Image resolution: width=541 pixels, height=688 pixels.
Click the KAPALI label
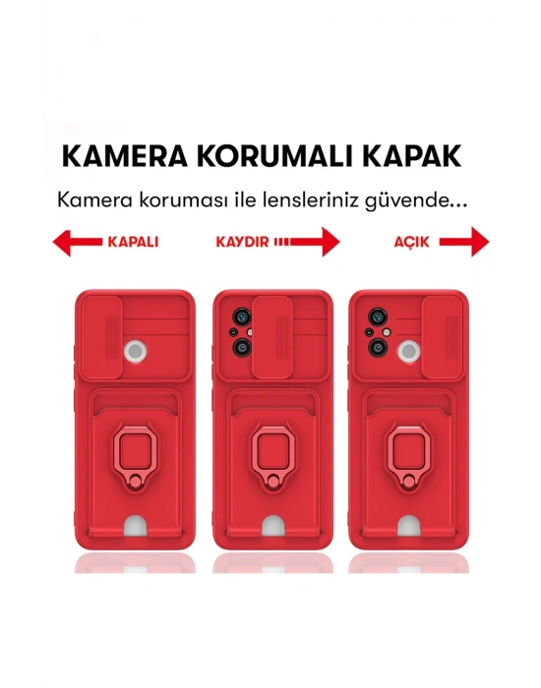pyautogui.click(x=132, y=242)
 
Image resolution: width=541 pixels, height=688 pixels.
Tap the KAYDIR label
pyautogui.click(x=242, y=242)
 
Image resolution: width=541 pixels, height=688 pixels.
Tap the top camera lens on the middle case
pyautogui.click(x=239, y=317)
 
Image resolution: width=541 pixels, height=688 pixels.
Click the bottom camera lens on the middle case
pyautogui.click(x=239, y=349)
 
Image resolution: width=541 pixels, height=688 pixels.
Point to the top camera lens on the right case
pyautogui.click(x=375, y=317)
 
